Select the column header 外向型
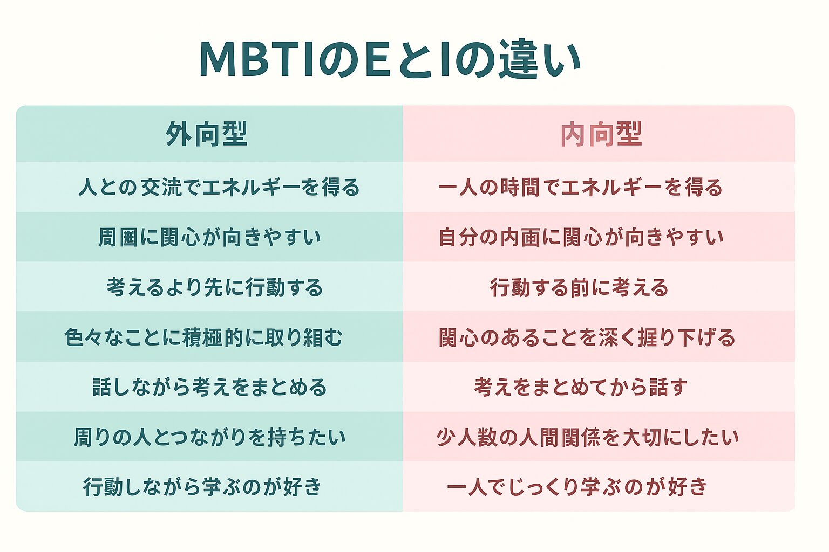pos(207,134)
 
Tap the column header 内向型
pos(601,134)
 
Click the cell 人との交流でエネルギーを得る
pos(219,187)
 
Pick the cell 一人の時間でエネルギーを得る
pos(580,187)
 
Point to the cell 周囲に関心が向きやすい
pos(209,237)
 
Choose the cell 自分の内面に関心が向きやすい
pos(581,237)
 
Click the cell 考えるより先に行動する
pos(214,287)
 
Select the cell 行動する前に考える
pos(579,287)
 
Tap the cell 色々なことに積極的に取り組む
pos(203,337)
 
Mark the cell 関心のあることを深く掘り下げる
pos(587,337)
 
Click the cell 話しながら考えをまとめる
pos(209,387)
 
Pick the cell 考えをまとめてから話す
pos(581,387)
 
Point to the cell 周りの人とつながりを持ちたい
pos(209,437)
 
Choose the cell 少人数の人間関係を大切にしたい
pos(587,437)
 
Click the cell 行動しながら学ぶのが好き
pos(202,486)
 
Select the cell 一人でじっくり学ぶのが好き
pos(577,486)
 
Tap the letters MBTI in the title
pos(257,59)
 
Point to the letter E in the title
pos(377,59)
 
